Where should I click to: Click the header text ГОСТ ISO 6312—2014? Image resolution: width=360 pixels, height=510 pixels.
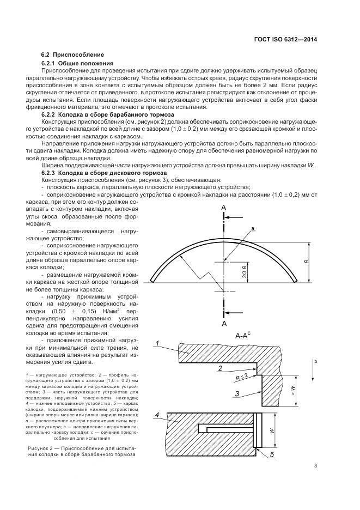(286, 39)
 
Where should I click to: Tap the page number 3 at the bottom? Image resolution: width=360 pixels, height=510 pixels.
(315, 465)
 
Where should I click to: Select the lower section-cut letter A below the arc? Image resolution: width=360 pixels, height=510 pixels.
(223, 324)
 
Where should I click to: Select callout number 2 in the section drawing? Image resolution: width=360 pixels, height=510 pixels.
(219, 369)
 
